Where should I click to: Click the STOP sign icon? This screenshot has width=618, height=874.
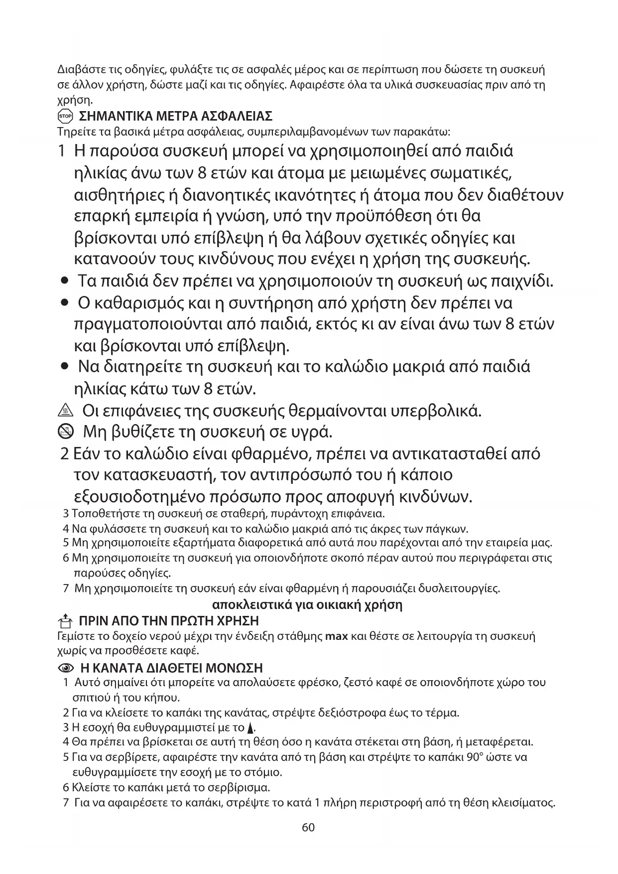click(65, 117)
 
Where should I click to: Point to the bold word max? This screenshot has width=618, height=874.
click(336, 636)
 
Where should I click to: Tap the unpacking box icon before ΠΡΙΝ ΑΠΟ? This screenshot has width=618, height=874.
click(65, 621)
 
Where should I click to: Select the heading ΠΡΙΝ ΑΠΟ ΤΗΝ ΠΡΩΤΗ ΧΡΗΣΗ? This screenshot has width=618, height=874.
click(169, 621)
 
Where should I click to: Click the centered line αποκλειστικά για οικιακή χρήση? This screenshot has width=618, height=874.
click(307, 605)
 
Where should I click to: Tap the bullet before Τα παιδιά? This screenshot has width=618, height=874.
click(64, 282)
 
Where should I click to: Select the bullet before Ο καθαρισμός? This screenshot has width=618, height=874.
click(64, 303)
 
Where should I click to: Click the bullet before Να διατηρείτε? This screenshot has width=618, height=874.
click(64, 367)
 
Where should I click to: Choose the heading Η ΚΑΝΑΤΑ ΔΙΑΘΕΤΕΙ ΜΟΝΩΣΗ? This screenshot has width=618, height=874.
click(171, 668)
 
